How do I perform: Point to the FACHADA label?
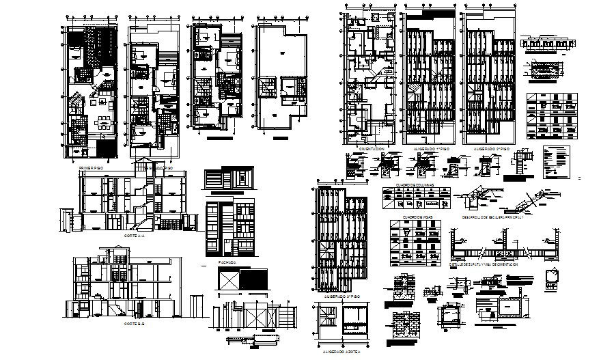coord(227,261)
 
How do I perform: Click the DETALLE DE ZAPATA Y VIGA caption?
coord(484,262)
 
